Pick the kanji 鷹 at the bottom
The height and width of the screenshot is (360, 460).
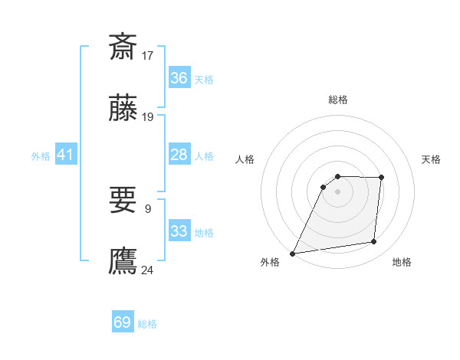pyautogui.click(x=123, y=261)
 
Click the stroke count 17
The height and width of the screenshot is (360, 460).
pyautogui.click(x=148, y=55)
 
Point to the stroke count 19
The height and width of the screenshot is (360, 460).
pyautogui.click(x=148, y=117)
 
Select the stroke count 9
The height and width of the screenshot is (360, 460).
pyautogui.click(x=148, y=208)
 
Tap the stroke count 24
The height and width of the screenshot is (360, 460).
pyautogui.click(x=148, y=270)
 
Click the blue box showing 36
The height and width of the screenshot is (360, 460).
pyautogui.click(x=179, y=78)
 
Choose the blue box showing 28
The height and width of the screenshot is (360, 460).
pyautogui.click(x=179, y=155)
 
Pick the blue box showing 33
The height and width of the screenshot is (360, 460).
pyautogui.click(x=179, y=231)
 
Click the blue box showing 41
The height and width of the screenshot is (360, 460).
pyautogui.click(x=66, y=155)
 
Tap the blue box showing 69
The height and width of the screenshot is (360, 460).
pyautogui.click(x=123, y=322)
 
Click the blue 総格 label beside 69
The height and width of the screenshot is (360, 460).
pyautogui.click(x=147, y=324)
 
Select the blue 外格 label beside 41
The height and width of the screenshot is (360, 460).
pyautogui.click(x=41, y=156)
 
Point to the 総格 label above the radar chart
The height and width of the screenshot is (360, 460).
pyautogui.click(x=337, y=100)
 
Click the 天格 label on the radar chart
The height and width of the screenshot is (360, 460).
pyautogui.click(x=432, y=159)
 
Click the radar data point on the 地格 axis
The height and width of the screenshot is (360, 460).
pyautogui.click(x=373, y=242)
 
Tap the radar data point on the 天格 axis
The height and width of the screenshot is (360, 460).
pyautogui.click(x=381, y=178)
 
